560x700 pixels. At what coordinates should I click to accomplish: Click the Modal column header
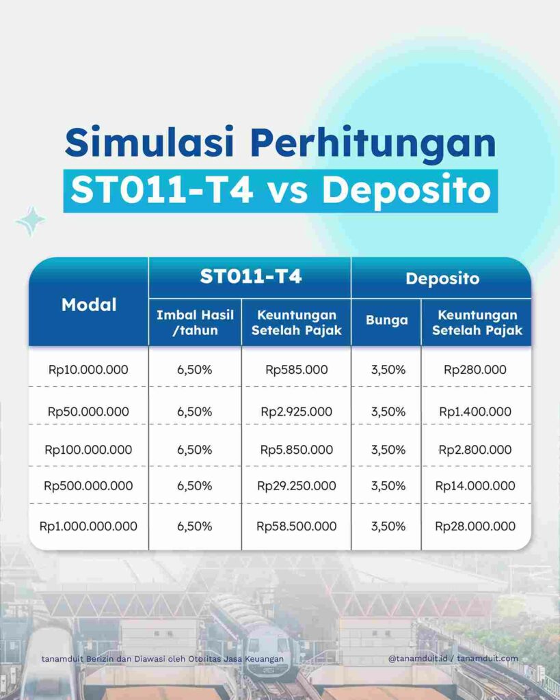coord(89,305)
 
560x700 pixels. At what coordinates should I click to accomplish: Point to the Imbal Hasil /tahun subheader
coord(195,323)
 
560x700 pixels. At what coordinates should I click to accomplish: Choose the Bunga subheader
coord(386,320)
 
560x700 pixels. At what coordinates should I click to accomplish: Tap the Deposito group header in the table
coord(442,278)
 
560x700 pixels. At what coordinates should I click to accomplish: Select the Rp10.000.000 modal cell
coord(88,370)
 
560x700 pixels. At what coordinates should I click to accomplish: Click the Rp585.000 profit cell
coord(297,370)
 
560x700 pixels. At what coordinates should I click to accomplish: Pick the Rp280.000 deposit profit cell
coord(475,370)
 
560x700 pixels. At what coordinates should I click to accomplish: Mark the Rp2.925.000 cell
coord(297,412)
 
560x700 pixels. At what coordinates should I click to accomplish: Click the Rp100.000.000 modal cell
coord(88,450)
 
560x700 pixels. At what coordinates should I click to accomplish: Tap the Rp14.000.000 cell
coord(475,486)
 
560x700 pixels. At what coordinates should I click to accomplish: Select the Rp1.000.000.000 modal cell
coord(88,526)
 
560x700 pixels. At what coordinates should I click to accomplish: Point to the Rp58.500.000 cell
coord(297,526)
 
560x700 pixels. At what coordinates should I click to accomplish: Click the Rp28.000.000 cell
coord(475,526)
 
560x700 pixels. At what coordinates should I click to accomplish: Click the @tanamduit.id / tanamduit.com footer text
coord(453,658)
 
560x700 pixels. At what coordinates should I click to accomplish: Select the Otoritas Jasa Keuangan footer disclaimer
coord(162,659)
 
